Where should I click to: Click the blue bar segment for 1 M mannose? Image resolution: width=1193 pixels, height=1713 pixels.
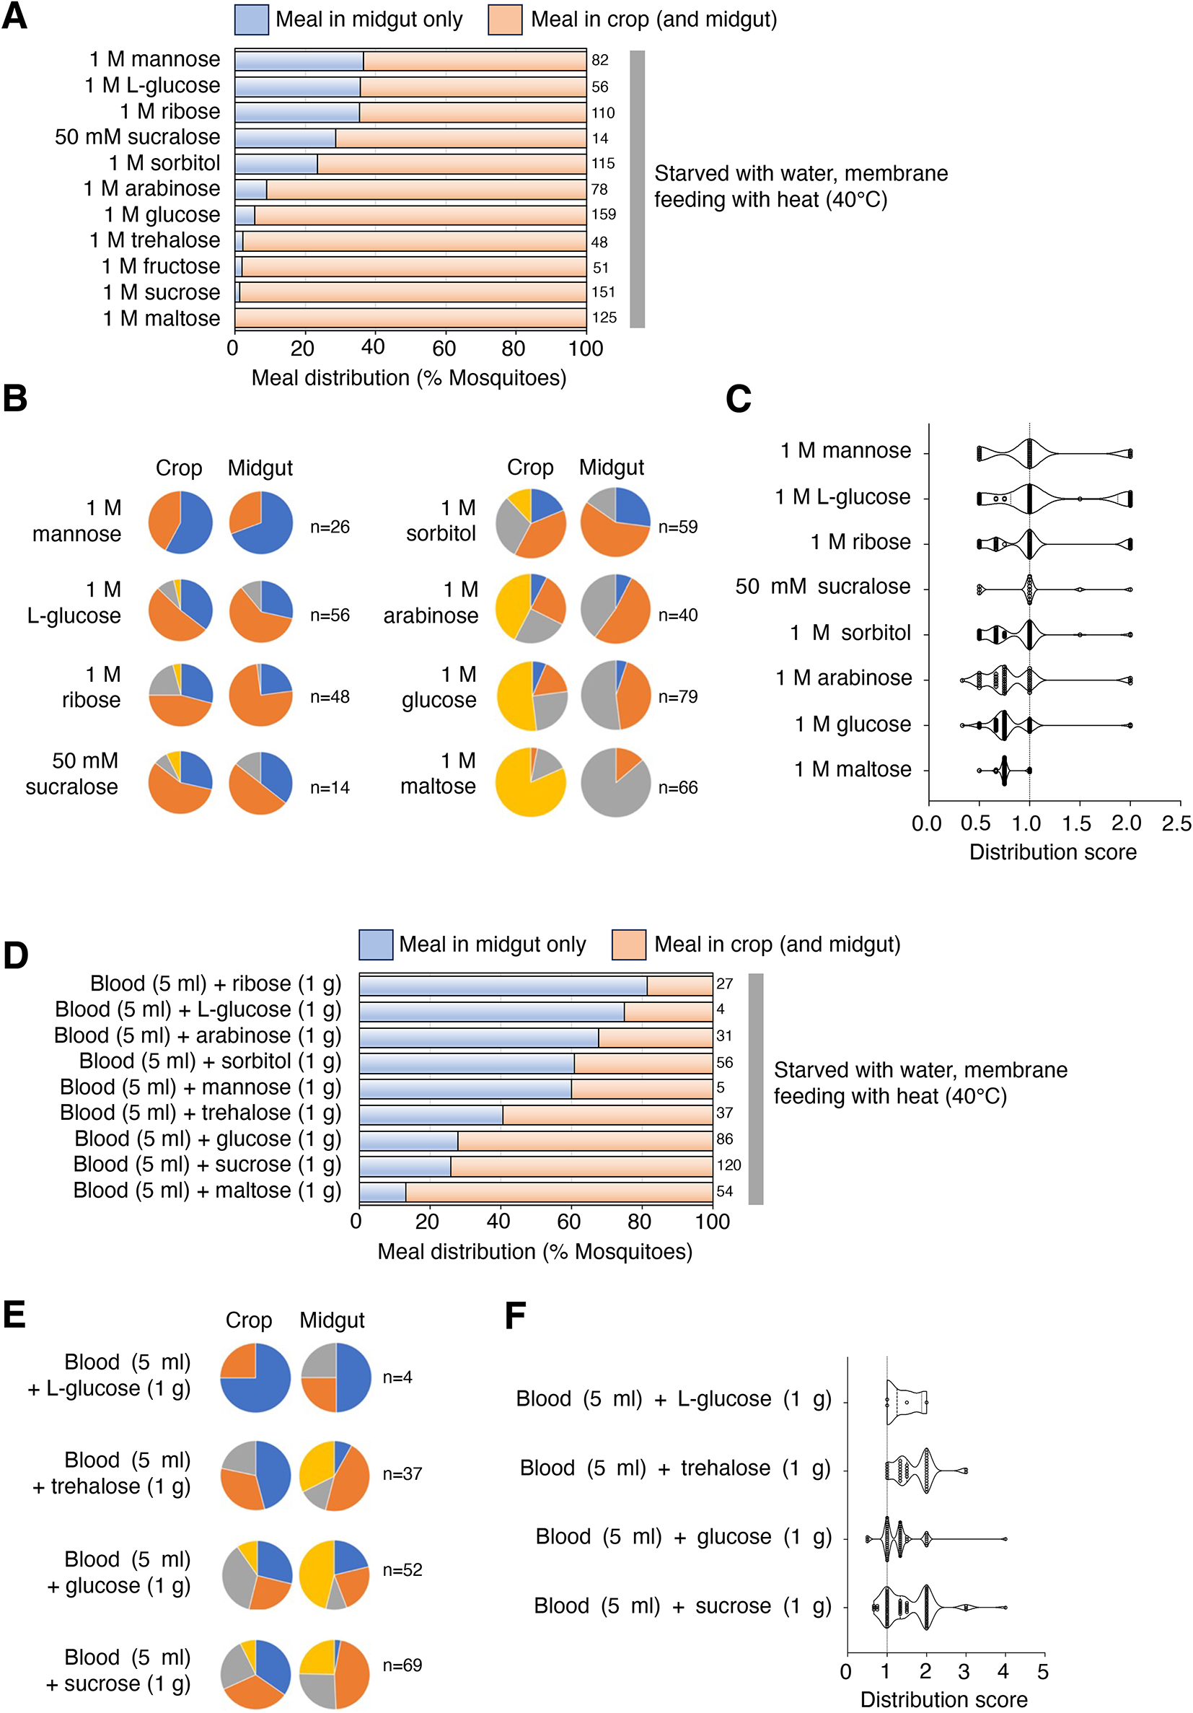(x=299, y=61)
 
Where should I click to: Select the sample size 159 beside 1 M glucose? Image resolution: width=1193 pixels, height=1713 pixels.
(x=603, y=215)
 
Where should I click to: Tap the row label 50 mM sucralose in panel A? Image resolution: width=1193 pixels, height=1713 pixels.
(x=137, y=137)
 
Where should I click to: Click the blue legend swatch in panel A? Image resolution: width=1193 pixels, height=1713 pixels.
(x=251, y=19)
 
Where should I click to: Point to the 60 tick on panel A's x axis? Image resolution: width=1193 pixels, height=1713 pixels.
(x=444, y=349)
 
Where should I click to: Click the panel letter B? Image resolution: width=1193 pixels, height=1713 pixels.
(x=15, y=399)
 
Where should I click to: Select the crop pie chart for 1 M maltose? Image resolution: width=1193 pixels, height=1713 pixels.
(x=530, y=782)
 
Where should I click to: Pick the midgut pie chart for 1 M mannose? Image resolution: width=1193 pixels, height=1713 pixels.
(x=261, y=522)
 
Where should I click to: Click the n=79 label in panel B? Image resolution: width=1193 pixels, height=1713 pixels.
(x=678, y=697)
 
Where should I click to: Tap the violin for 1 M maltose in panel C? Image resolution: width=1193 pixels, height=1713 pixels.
(x=1004, y=770)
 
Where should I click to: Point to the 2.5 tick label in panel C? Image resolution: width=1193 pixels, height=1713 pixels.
(x=1176, y=824)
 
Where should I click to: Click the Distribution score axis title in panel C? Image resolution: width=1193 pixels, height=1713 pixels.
(x=1052, y=852)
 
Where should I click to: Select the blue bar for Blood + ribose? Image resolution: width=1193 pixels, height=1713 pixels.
(x=503, y=985)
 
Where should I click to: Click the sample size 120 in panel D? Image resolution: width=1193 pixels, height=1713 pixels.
(x=728, y=1165)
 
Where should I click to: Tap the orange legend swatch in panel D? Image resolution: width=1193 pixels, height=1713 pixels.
(x=628, y=945)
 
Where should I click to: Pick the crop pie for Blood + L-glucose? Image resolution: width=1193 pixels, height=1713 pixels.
(x=255, y=1378)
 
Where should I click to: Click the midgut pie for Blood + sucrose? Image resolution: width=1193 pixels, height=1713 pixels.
(x=334, y=1674)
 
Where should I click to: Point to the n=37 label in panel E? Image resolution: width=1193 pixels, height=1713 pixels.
(x=402, y=1474)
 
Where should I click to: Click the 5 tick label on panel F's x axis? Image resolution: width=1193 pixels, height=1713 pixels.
(x=1042, y=1671)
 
